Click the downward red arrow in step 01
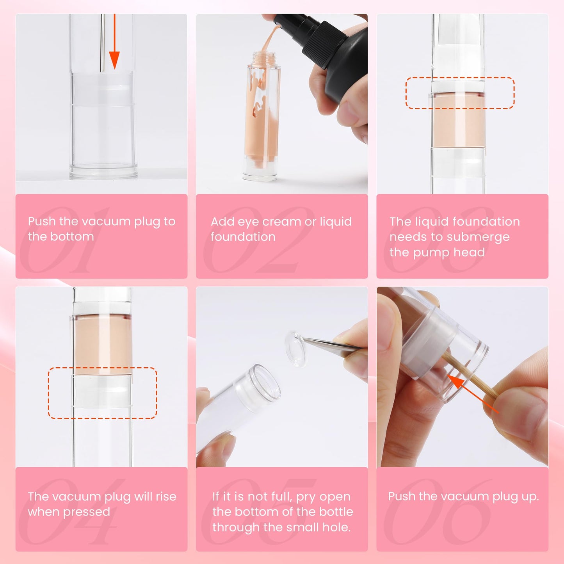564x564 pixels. click(x=114, y=47)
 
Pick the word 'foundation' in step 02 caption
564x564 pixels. click(x=243, y=237)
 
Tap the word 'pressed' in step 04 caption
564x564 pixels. click(x=91, y=512)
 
